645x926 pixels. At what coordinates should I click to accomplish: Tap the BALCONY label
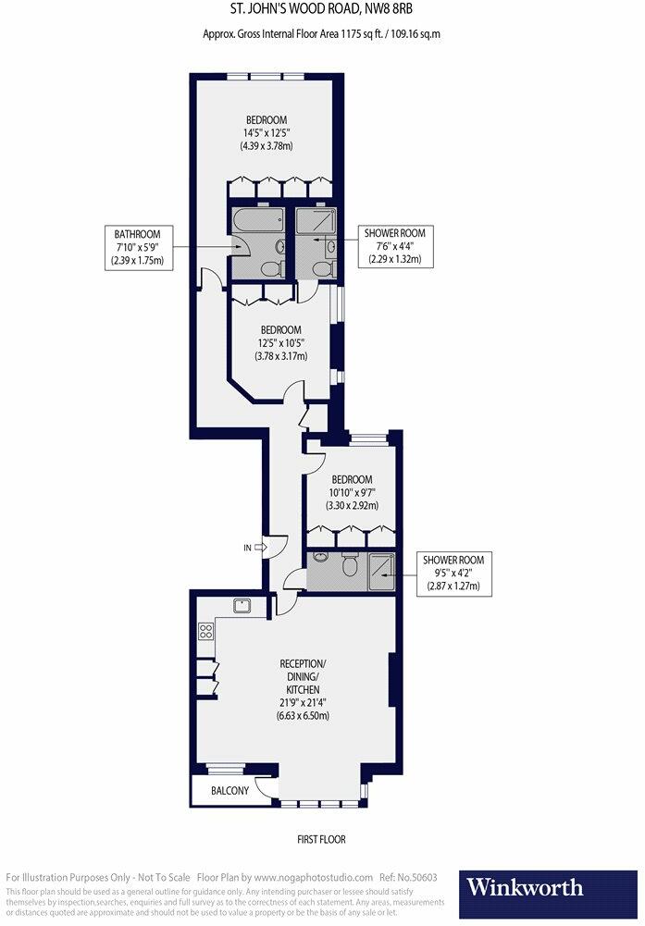pos(229,790)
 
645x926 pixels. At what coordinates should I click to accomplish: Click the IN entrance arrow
pos(260,548)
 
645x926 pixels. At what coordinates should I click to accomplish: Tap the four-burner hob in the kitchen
pos(205,631)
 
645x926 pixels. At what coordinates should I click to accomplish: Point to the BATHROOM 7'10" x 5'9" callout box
pos(139,247)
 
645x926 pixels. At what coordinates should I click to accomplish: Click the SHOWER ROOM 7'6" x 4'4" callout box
pos(395,246)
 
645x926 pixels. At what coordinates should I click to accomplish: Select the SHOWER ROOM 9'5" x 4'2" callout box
pos(453,573)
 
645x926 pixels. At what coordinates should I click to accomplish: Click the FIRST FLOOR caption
pos(321,839)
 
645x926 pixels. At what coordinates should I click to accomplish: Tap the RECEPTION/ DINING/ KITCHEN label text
pos(303,676)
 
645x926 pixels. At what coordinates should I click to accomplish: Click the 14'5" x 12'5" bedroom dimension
pos(267,133)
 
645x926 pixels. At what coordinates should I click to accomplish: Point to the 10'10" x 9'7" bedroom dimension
pos(352,492)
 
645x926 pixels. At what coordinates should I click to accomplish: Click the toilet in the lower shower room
pos(350,565)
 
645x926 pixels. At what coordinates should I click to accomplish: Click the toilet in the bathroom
pos(271,268)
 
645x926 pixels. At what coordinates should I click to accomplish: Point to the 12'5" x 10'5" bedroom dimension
pos(281,343)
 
